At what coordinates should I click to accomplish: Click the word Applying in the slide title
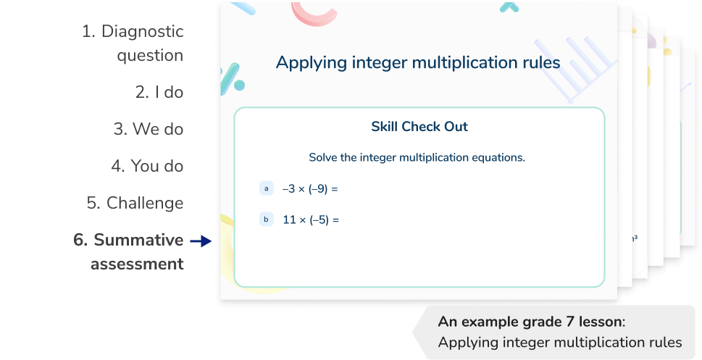(309, 64)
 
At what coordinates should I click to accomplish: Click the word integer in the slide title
(377, 63)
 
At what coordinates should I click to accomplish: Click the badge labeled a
(266, 188)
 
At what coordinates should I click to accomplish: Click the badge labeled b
(266, 219)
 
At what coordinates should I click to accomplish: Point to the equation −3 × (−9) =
(311, 189)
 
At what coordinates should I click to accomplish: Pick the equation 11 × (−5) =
(311, 219)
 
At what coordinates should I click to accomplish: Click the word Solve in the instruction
(323, 157)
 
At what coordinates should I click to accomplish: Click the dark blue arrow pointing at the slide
(200, 242)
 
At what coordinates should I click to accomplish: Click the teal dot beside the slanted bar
(239, 85)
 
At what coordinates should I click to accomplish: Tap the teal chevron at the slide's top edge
(509, 7)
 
